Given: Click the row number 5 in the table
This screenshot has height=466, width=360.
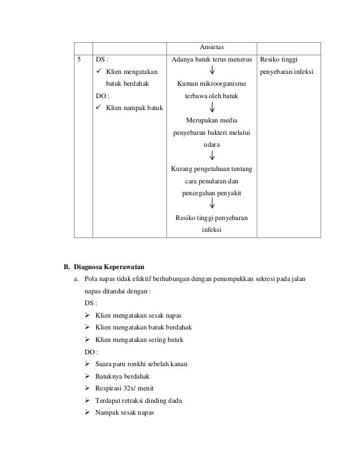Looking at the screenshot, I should coord(80,59).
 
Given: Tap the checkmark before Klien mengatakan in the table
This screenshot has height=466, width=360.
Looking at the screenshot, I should coord(99,72).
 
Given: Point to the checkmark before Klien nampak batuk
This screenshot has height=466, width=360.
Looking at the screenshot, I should coord(99,108).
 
